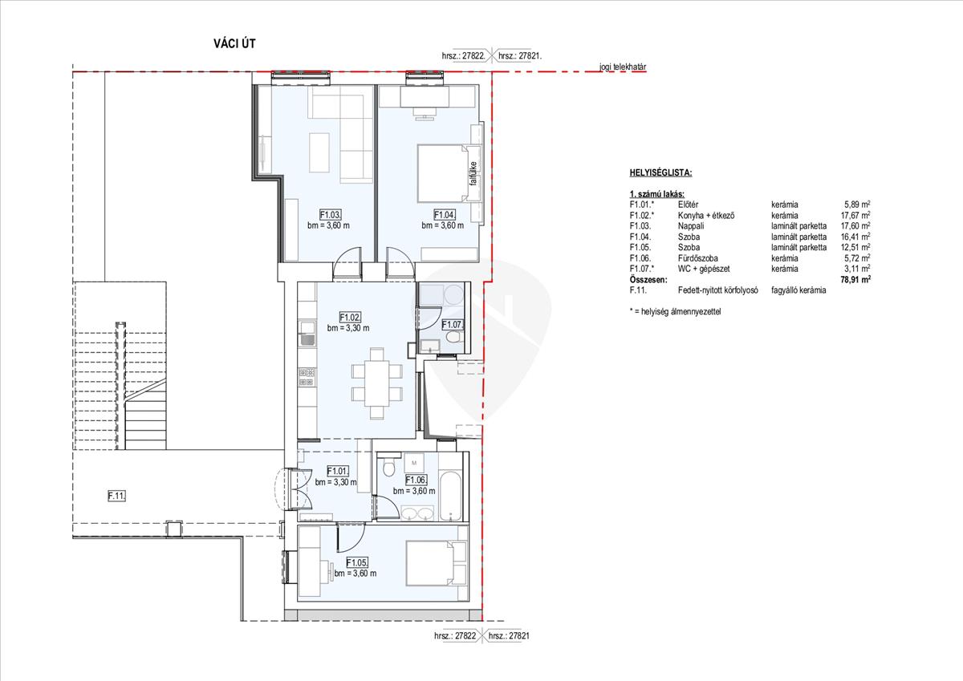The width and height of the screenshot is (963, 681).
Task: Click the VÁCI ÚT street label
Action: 234,43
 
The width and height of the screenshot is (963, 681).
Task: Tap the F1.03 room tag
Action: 330,214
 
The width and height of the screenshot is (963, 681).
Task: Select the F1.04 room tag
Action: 445,214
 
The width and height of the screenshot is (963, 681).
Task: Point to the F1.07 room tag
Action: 453,325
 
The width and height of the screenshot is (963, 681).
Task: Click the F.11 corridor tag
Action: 116,496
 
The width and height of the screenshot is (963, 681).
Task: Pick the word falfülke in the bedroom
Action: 473,173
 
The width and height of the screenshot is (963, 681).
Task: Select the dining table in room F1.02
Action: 377,383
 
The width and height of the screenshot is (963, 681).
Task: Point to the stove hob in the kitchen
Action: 307,377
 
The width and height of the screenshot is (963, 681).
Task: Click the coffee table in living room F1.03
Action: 319,152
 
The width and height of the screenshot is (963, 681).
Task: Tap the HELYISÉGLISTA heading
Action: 660,172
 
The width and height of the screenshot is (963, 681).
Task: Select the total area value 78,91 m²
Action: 855,279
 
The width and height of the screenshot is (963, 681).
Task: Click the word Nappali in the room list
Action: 691,226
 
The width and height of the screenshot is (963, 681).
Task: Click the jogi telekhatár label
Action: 623,67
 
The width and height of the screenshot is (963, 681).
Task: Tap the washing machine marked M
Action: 414,463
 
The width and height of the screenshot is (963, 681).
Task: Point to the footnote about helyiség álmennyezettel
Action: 676,311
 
